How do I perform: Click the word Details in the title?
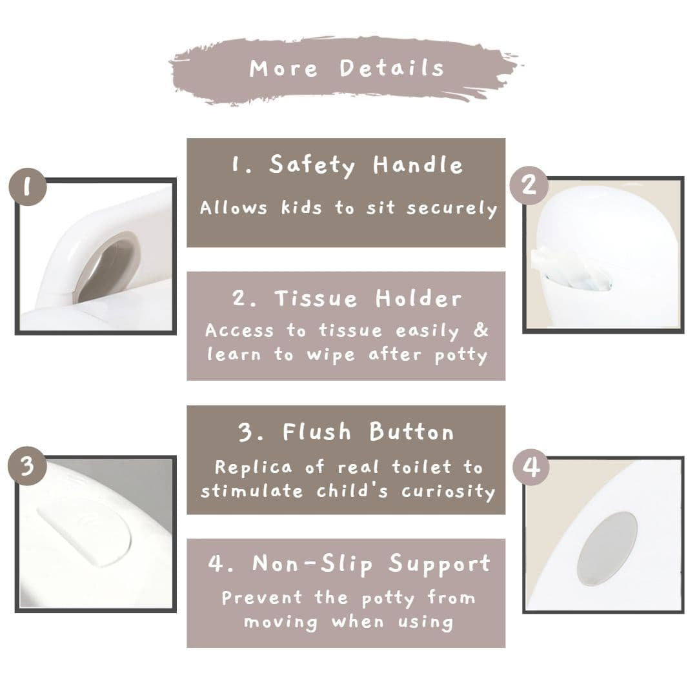pyautogui.click(x=392, y=68)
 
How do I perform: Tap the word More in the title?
pyautogui.click(x=283, y=69)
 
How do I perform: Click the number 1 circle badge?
pyautogui.click(x=28, y=187)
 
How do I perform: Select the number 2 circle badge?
pyautogui.click(x=529, y=185)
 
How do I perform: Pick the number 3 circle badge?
pyautogui.click(x=27, y=466)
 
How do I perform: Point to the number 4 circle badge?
pyautogui.click(x=532, y=467)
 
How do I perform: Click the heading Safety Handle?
pyautogui.click(x=347, y=165)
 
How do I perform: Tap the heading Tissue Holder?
pyautogui.click(x=347, y=298)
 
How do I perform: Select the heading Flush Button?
pyautogui.click(x=347, y=432)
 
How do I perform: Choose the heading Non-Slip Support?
pyautogui.click(x=349, y=565)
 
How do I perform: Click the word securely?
pyautogui.click(x=452, y=208)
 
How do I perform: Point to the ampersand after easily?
pyautogui.click(x=481, y=330)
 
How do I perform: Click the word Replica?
pyautogui.click(x=254, y=467)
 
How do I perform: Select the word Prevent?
pyautogui.click(x=263, y=598)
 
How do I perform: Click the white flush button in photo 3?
pyautogui.click(x=85, y=532)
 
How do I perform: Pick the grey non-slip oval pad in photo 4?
pyautogui.click(x=607, y=549)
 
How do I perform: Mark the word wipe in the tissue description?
pyautogui.click(x=330, y=355)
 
